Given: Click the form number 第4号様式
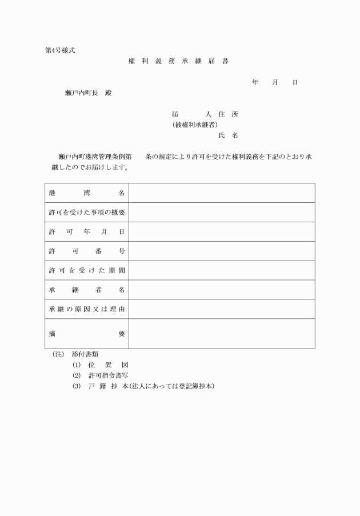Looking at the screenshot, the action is [x=60, y=50].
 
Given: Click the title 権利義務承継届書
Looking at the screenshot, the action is [x=179, y=61].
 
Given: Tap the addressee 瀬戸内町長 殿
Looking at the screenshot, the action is [x=89, y=93].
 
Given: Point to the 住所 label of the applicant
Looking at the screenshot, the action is [x=228, y=114].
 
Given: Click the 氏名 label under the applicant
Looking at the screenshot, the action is [x=228, y=135].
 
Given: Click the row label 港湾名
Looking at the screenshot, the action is [x=87, y=193].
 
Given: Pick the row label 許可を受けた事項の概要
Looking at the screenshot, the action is [x=87, y=213].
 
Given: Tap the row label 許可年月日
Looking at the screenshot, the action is [x=87, y=232].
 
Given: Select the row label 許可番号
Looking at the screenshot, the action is [x=87, y=251].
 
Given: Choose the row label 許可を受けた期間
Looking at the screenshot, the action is [x=87, y=271].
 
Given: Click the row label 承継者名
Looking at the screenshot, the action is [x=87, y=290].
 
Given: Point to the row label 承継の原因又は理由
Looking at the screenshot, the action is [x=87, y=310].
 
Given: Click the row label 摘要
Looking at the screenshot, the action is [x=87, y=334].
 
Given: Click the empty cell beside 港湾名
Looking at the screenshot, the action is [x=222, y=193].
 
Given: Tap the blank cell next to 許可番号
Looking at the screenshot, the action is [x=222, y=251].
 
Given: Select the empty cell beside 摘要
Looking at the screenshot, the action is [x=222, y=334].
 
